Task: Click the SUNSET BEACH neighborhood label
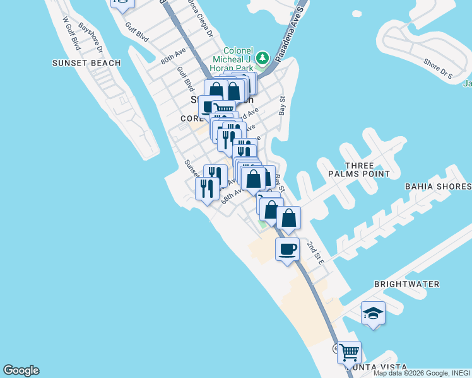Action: click(86, 63)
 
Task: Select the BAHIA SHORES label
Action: click(439, 186)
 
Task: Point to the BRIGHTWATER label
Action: click(407, 284)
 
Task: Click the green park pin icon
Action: click(263, 58)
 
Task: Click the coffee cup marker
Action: click(287, 249)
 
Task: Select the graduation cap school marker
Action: click(373, 313)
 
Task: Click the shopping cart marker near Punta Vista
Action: click(349, 352)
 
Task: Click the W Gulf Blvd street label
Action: click(72, 33)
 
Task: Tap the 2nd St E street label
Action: click(316, 253)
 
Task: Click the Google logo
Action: click(21, 370)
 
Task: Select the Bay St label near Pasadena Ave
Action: click(282, 105)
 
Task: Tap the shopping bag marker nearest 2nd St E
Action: click(288, 218)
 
